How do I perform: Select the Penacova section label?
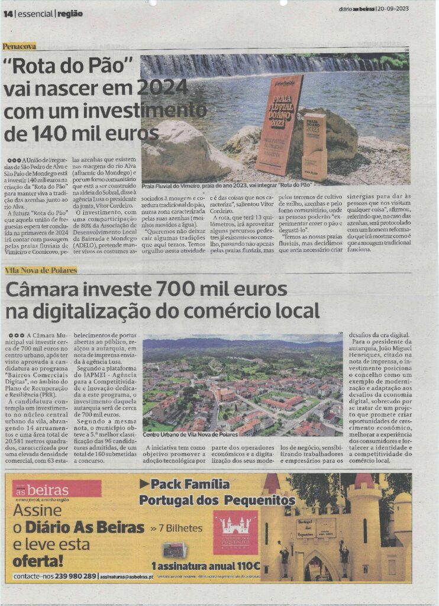click(x=19, y=46)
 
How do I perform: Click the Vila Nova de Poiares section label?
click(x=41, y=270)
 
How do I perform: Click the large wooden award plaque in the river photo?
click(x=279, y=124)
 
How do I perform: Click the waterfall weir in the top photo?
click(x=260, y=65)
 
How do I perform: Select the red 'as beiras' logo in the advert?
click(x=57, y=489)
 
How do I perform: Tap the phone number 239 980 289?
click(x=73, y=576)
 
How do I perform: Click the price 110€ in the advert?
click(x=244, y=565)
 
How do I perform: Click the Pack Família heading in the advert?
click(x=184, y=485)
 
